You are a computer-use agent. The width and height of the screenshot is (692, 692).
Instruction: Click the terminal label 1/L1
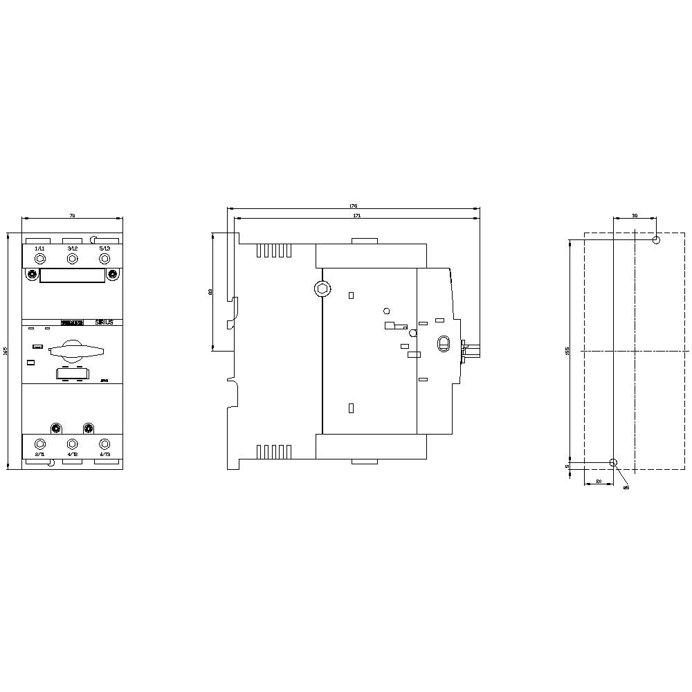click(39, 248)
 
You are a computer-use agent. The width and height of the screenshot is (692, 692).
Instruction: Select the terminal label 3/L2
click(71, 248)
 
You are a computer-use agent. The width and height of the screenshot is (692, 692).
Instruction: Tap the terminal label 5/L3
click(104, 248)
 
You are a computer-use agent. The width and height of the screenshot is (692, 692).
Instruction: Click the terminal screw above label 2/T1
click(39, 444)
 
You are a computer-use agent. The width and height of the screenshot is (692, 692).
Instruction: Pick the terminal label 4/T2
click(72, 455)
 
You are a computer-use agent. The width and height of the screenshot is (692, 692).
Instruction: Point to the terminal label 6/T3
click(105, 455)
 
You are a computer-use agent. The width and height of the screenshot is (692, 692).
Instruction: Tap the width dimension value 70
click(72, 217)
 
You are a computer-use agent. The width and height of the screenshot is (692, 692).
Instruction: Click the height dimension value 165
click(7, 353)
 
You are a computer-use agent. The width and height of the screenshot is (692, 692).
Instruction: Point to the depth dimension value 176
click(353, 206)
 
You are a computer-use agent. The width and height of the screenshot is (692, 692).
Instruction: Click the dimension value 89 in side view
click(210, 293)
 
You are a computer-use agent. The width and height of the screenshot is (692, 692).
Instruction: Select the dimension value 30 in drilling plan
click(635, 216)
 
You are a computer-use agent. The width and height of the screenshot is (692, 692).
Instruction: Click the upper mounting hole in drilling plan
click(657, 240)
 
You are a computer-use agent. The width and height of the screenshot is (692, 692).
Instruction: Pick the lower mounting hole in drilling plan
click(613, 462)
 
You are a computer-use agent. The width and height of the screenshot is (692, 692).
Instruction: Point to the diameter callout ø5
click(626, 488)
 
